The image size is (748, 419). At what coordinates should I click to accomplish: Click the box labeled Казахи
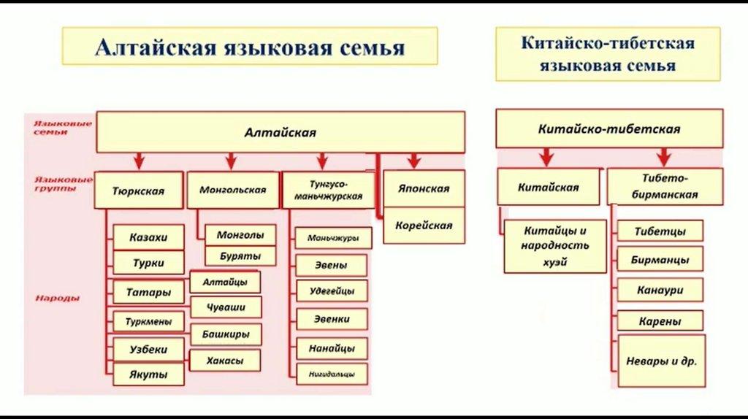click(x=148, y=238)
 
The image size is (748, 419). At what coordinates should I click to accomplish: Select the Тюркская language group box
click(x=138, y=191)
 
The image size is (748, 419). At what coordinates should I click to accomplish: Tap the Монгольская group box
click(x=232, y=190)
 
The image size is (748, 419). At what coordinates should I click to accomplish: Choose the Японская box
click(x=424, y=188)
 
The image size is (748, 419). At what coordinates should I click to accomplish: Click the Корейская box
click(x=424, y=226)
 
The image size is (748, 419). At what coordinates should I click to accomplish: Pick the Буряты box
click(x=240, y=256)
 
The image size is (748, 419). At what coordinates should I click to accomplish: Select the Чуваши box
click(x=226, y=307)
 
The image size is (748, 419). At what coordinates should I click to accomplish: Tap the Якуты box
click(x=148, y=374)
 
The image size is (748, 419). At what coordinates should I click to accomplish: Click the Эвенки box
click(x=332, y=319)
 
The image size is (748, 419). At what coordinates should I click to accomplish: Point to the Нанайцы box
click(x=332, y=347)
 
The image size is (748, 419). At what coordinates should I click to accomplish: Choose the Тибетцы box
click(x=660, y=231)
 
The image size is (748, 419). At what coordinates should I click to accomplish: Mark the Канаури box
click(x=660, y=290)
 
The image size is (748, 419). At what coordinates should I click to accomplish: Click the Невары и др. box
click(x=662, y=361)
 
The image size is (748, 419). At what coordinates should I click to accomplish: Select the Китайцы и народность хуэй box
click(x=554, y=245)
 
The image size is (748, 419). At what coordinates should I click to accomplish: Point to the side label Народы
click(x=56, y=299)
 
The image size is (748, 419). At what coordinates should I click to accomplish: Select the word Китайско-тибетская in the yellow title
click(x=607, y=42)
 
